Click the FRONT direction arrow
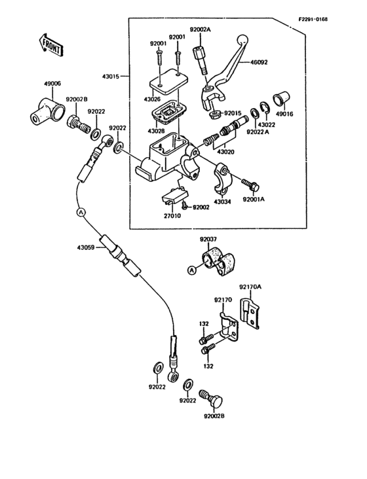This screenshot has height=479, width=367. (50, 44)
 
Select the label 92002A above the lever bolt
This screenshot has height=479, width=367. (201, 30)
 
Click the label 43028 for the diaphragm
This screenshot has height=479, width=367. (156, 131)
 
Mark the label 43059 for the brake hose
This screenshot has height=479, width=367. (86, 247)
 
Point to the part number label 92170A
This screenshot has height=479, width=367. (250, 287)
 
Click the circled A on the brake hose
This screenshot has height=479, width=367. (81, 213)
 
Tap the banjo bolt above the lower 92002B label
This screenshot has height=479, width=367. (214, 397)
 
